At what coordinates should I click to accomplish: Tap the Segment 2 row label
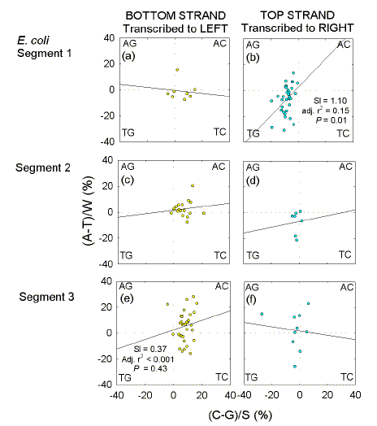(39, 168)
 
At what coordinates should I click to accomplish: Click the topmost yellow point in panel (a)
(176, 70)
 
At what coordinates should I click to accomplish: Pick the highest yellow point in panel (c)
(193, 185)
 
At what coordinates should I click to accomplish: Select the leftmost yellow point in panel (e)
(167, 305)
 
